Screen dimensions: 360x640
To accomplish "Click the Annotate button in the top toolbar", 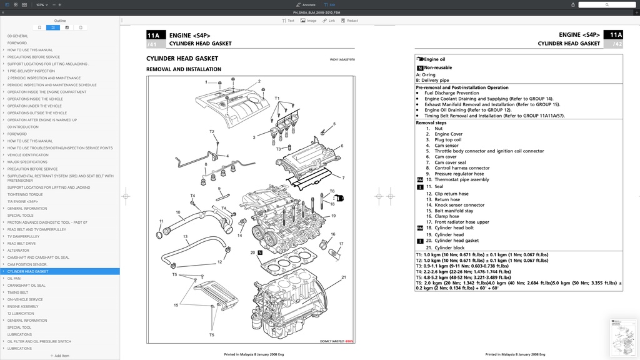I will pos(305,4).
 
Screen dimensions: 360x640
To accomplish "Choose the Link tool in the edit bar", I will pos(329,21).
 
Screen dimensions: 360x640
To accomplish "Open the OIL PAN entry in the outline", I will pos(14,279).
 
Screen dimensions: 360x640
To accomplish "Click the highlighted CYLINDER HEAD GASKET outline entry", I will pos(27,272).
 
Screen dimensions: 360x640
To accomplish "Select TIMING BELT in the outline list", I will pos(17,292).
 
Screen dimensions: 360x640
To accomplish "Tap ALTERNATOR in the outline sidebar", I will pos(18,251).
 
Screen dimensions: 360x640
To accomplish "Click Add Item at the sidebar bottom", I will pos(60,356).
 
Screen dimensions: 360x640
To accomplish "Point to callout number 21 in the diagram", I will pos(344,277).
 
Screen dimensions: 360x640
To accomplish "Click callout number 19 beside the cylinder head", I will pos(334,216).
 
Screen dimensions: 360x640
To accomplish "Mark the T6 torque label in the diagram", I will pos(332,191).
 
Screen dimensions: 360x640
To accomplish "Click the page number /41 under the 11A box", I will pos(152,44).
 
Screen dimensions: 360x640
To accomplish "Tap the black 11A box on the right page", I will pos(616,35).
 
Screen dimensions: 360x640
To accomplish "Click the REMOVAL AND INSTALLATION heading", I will pos(184,69).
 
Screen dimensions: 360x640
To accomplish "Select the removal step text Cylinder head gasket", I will pos(456,241).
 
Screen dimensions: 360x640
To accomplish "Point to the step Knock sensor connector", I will pos(459,205).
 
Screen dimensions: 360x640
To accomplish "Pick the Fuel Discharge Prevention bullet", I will pos(451,93).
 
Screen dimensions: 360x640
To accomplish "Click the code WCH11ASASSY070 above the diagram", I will pos(342,60).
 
